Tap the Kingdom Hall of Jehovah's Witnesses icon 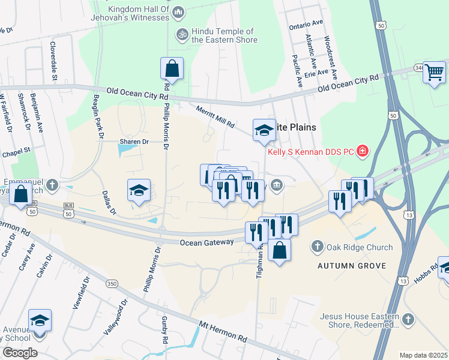pyautogui.click(x=178, y=12)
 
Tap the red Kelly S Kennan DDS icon pyautogui.click(x=363, y=150)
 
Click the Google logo pyautogui.click(x=20, y=353)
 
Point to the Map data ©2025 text pyautogui.click(x=423, y=355)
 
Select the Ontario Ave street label pyautogui.click(x=306, y=25)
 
